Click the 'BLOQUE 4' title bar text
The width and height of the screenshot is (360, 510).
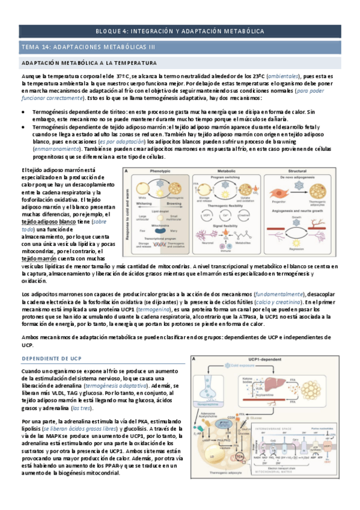[x=180, y=31]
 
